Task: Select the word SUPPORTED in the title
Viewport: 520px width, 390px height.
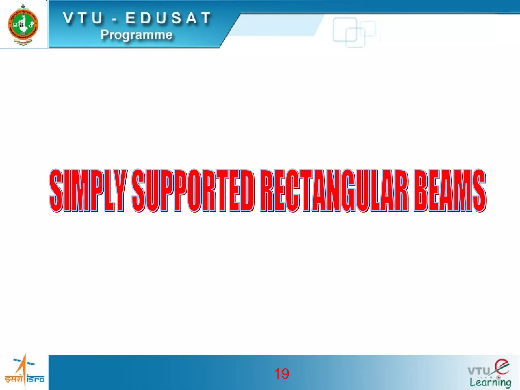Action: point(193,190)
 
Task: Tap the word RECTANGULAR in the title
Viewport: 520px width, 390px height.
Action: point(334,190)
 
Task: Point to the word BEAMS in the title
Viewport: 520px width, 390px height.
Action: point(450,190)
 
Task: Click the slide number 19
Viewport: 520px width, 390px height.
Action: point(282,374)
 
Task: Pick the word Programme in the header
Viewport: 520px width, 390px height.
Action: point(137,35)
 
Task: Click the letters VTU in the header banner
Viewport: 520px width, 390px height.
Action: point(83,18)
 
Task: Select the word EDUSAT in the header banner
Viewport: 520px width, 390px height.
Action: point(168,18)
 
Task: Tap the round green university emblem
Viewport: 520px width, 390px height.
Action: point(23,25)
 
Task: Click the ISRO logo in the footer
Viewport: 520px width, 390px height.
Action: point(24,372)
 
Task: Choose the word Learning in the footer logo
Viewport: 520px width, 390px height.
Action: point(490,382)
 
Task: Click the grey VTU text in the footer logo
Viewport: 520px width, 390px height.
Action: point(479,371)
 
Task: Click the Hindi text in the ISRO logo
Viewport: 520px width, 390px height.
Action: point(14,379)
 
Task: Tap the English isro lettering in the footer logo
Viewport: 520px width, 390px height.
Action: point(35,379)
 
